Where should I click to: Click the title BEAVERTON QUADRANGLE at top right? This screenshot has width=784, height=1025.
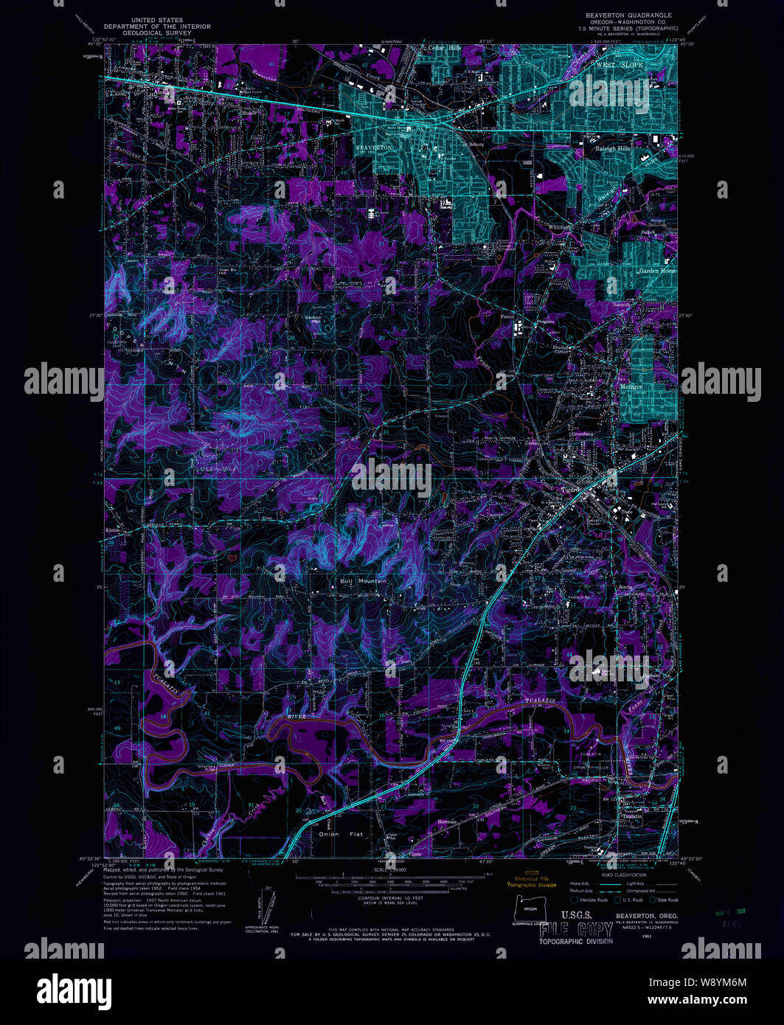(628, 15)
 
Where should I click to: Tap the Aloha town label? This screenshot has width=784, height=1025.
(162, 94)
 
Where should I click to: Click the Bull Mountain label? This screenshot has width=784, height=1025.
(363, 582)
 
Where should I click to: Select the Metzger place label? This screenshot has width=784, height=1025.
(631, 386)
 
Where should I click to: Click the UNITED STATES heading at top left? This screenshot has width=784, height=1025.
(157, 21)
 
